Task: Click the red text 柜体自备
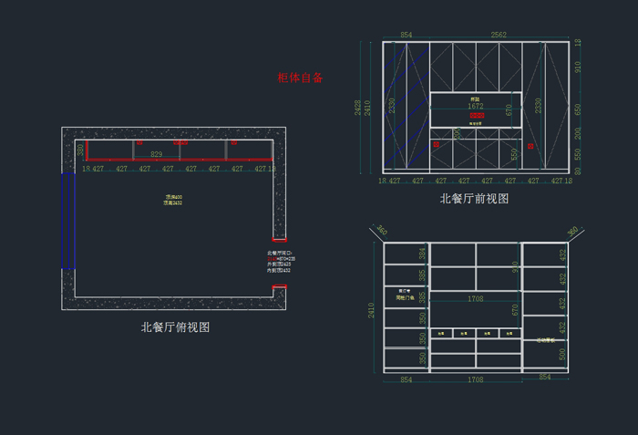click(x=301, y=78)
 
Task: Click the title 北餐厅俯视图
click(x=175, y=326)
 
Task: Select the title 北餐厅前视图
click(x=473, y=198)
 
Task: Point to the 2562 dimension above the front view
click(x=499, y=35)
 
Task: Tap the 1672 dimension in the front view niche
click(x=475, y=107)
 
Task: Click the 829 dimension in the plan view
click(x=157, y=154)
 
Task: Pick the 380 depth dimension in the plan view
click(x=80, y=150)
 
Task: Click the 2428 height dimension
click(x=359, y=108)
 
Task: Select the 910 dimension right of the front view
click(x=578, y=66)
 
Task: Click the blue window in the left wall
click(x=66, y=221)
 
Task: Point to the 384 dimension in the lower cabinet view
click(x=422, y=254)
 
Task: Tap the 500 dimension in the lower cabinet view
click(x=561, y=354)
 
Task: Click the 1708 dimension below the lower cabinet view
click(x=475, y=378)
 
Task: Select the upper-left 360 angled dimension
click(x=382, y=232)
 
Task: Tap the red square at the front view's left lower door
click(x=437, y=144)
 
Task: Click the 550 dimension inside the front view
click(x=514, y=154)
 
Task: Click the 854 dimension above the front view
click(x=406, y=35)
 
